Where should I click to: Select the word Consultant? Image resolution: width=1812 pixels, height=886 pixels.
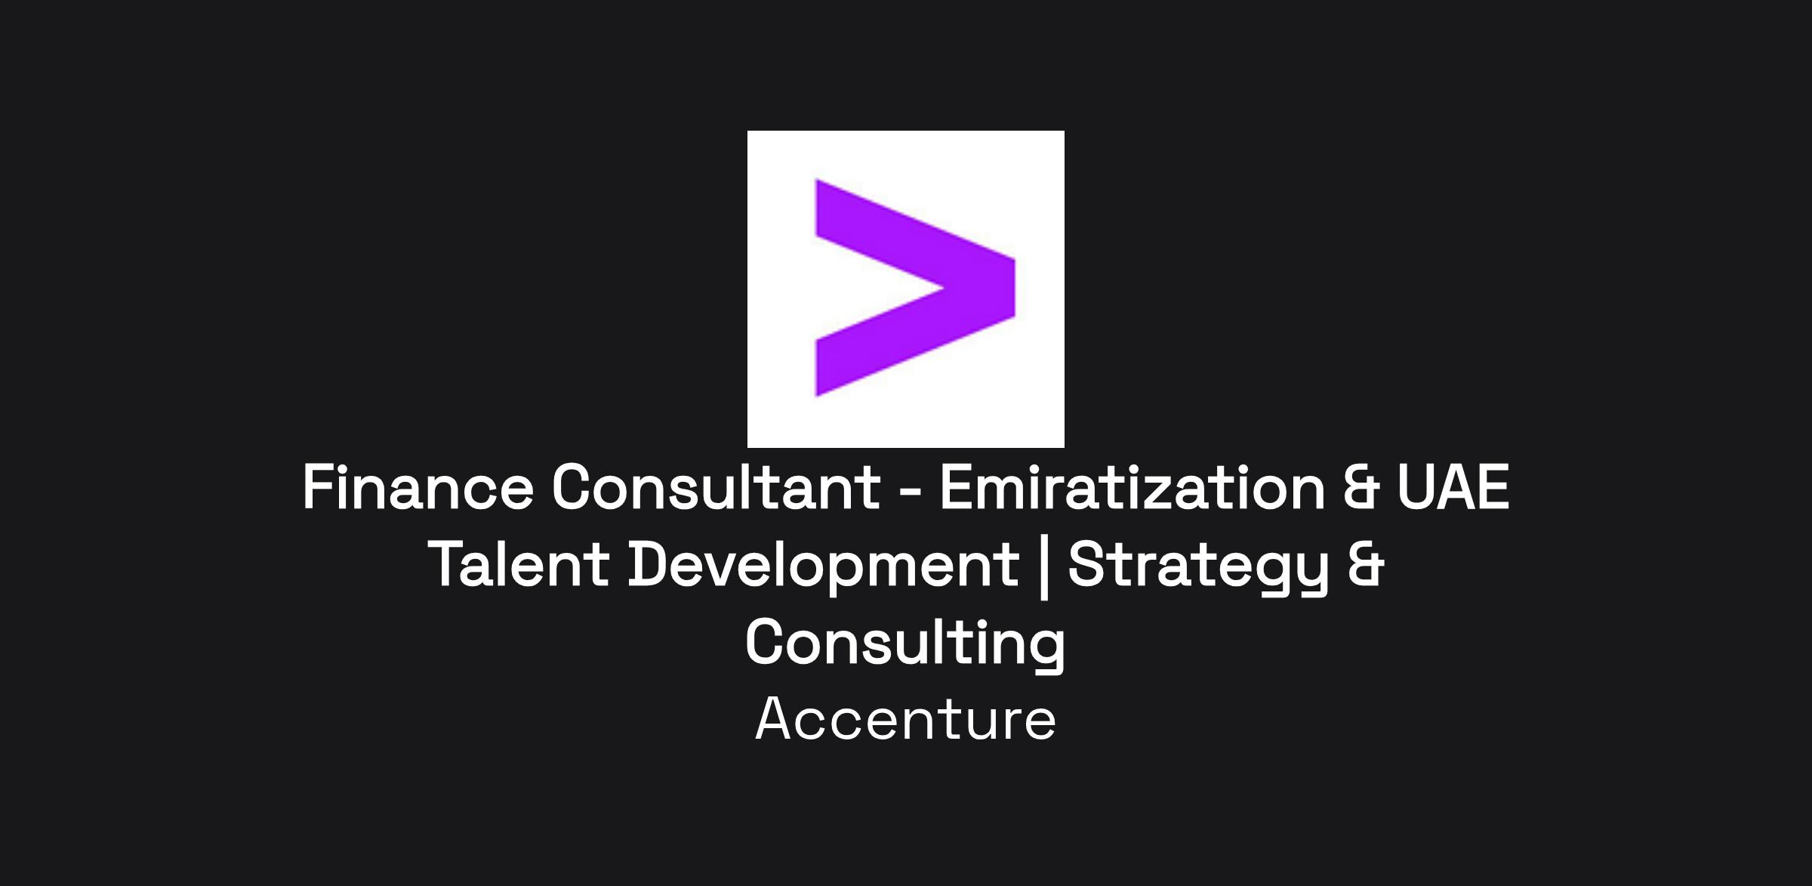click(716, 486)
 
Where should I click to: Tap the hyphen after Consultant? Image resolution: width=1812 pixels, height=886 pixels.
click(911, 492)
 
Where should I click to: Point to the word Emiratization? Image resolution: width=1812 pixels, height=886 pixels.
click(1132, 486)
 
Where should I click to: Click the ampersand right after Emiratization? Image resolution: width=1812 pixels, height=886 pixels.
click(1362, 486)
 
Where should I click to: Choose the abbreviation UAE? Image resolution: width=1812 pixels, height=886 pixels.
click(1453, 486)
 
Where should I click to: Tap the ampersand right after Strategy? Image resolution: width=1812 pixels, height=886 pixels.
click(1366, 563)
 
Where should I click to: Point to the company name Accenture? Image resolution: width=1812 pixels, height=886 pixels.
click(905, 719)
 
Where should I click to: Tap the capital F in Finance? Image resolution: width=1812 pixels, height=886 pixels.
click(319, 486)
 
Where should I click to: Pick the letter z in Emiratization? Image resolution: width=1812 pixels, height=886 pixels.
click(1157, 493)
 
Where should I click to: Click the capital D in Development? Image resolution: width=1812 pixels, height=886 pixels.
click(649, 563)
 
